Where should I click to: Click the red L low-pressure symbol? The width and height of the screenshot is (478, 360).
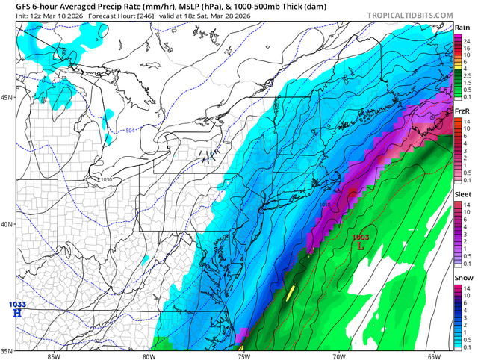tap(361, 245)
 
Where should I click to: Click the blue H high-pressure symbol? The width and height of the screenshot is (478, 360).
tap(16, 313)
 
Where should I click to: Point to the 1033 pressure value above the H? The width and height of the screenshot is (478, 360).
tap(16, 304)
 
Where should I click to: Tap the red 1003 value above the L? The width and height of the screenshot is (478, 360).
tap(361, 237)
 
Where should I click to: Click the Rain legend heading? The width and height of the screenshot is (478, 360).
tap(462, 28)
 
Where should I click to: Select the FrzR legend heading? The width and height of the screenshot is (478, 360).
tap(462, 111)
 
